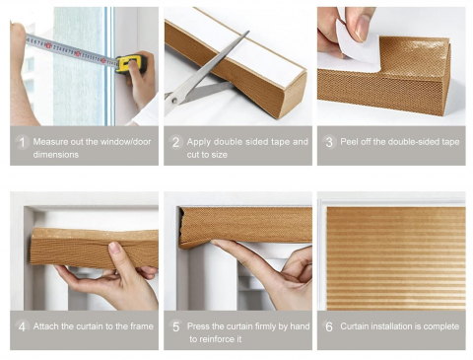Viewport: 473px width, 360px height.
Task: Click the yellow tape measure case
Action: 131,63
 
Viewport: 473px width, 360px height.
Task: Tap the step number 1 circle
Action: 22,142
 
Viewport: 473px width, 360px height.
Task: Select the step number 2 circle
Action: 176,142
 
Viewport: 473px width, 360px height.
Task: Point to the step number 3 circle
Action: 329,142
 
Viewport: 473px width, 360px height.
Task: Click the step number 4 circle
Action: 22,326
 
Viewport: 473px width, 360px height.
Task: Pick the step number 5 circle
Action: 176,326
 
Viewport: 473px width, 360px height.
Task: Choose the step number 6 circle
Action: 329,326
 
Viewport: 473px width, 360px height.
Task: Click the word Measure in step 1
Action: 49,142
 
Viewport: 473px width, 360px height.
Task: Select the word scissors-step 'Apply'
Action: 199,142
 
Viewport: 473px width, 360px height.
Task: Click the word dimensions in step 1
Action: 56,155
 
